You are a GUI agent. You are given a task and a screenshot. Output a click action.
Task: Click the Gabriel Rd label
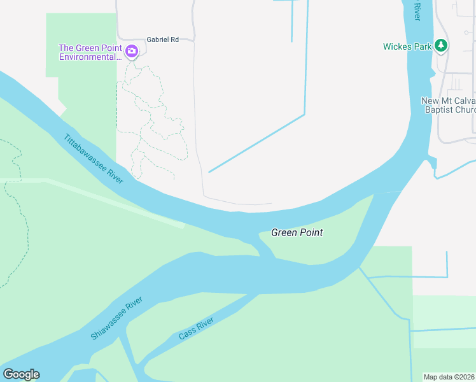click(162, 39)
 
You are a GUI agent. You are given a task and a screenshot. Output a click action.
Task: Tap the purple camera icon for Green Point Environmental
click(132, 51)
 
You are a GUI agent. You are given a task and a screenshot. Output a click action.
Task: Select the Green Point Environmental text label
click(90, 52)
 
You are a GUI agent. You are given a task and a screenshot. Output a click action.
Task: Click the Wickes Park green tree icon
click(441, 46)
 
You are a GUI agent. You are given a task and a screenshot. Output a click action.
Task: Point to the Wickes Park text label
click(407, 46)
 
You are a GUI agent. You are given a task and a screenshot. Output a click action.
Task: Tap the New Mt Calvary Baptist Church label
click(449, 105)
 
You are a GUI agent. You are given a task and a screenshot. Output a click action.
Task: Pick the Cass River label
click(195, 328)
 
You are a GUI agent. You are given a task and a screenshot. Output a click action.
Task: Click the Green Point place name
click(297, 232)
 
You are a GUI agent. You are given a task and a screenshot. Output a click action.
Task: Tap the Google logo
click(21, 374)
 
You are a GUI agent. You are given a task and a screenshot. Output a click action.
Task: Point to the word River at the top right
click(417, 11)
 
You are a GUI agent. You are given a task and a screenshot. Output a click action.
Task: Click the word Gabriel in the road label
click(157, 39)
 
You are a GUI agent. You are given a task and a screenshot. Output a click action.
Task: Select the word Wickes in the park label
click(396, 46)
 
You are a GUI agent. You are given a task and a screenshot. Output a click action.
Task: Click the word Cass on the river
click(186, 333)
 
